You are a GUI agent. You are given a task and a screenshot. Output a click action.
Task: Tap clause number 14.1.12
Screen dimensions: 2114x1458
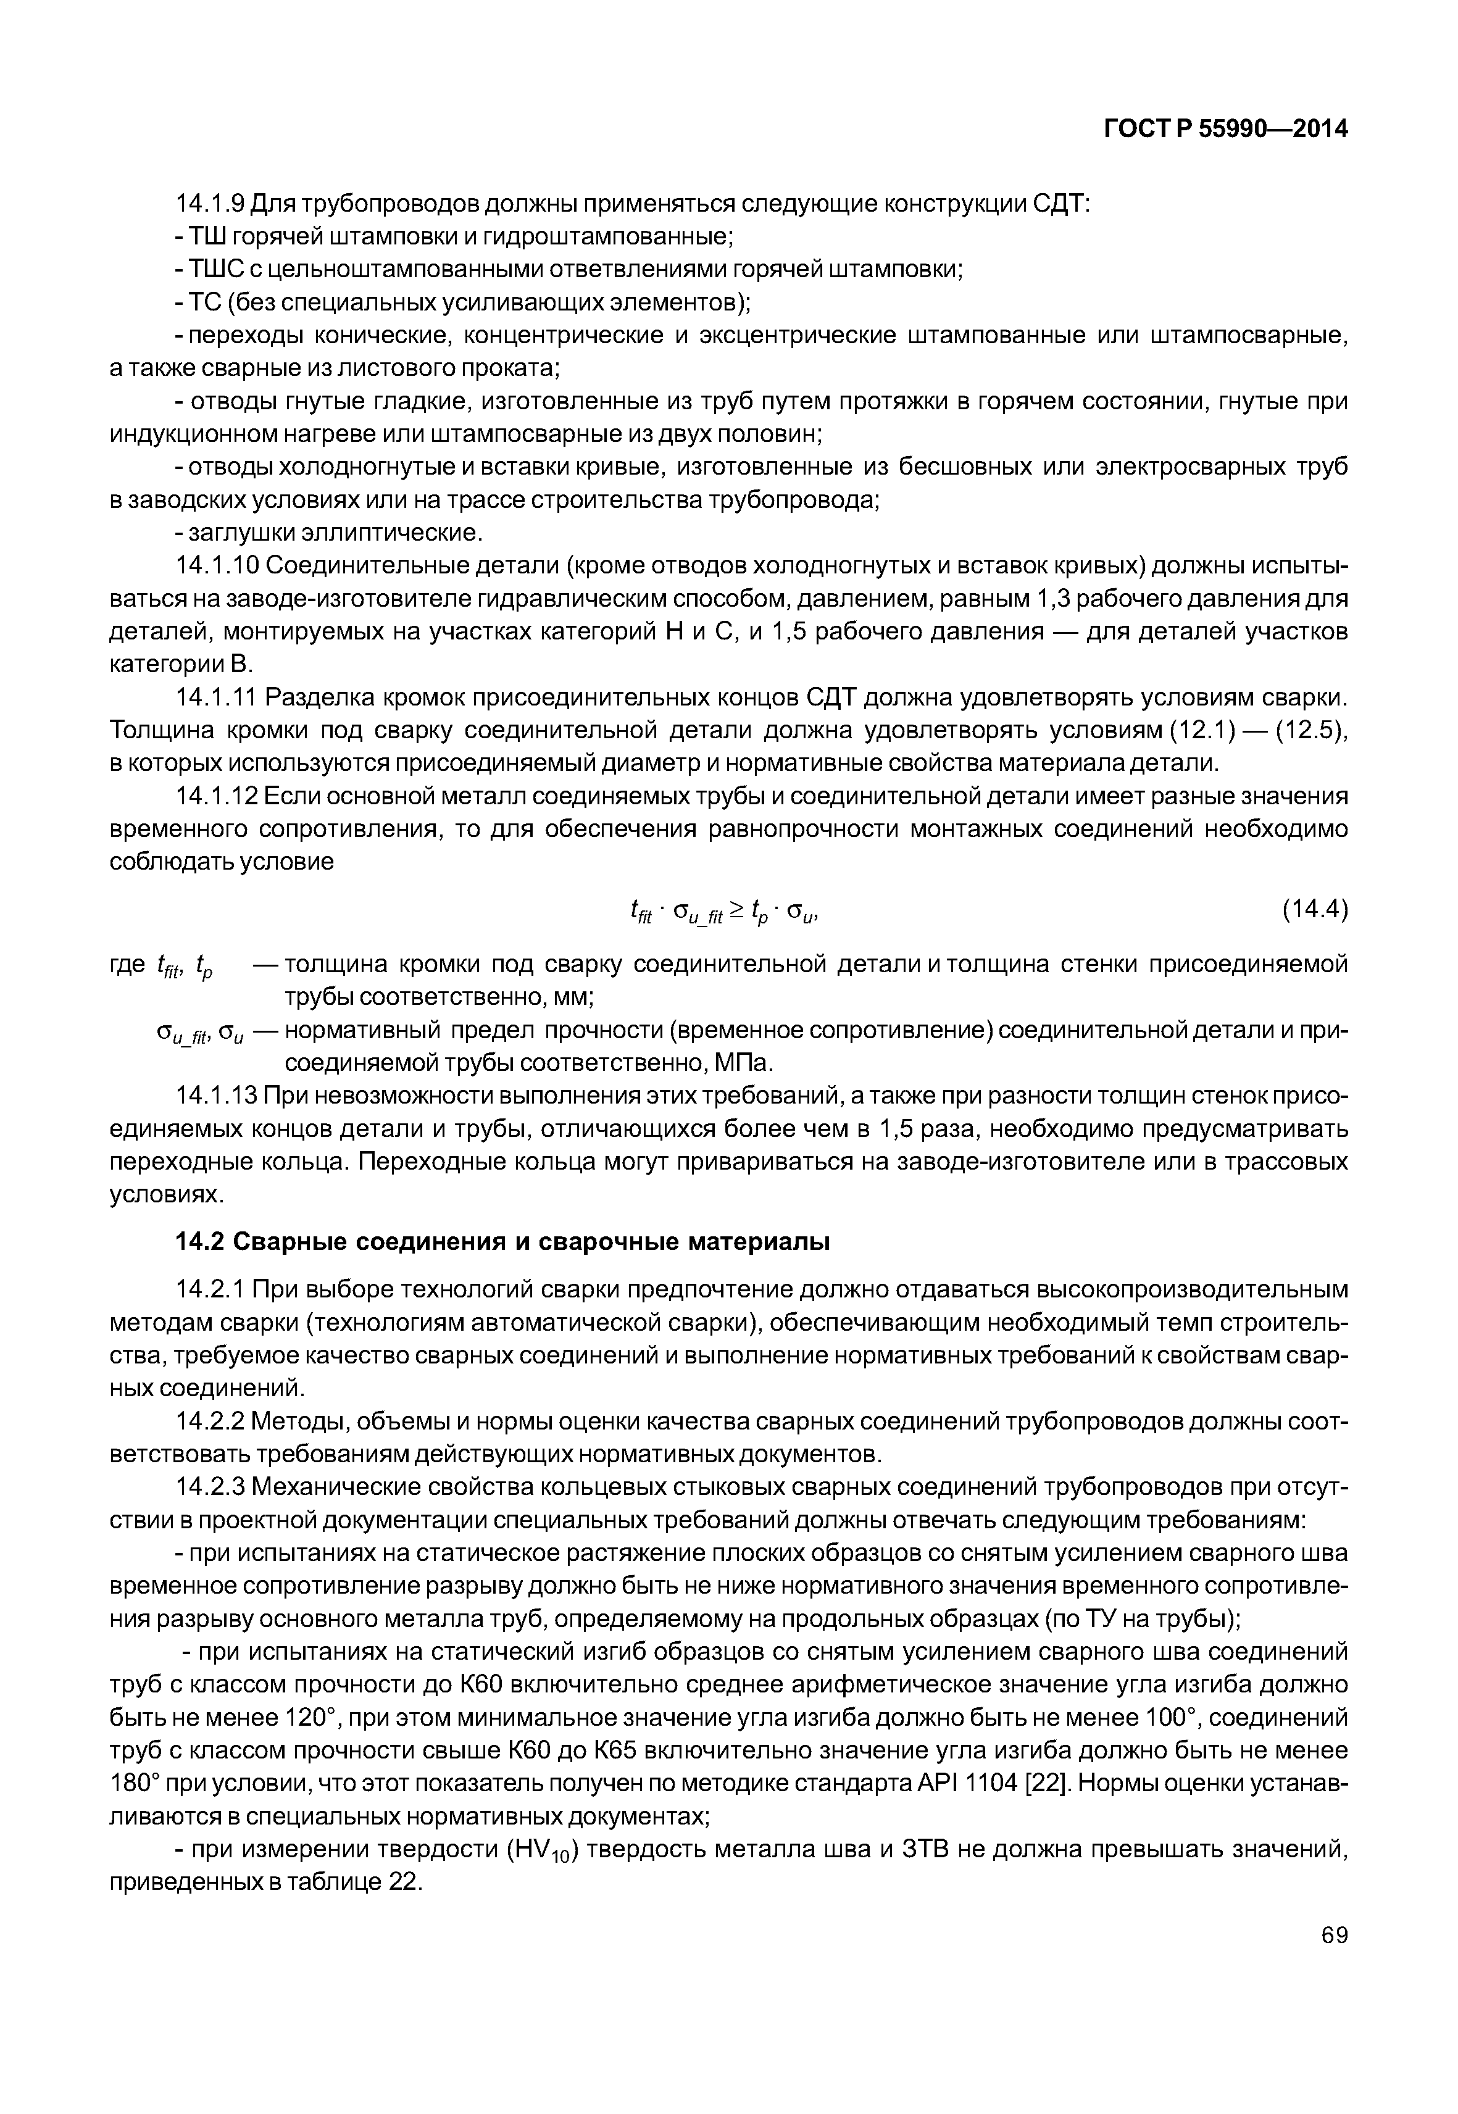coord(217,797)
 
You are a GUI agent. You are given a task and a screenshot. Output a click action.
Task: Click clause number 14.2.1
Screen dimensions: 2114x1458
coord(209,1290)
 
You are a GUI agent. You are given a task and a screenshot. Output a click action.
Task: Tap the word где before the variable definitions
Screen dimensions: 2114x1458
coord(127,965)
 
